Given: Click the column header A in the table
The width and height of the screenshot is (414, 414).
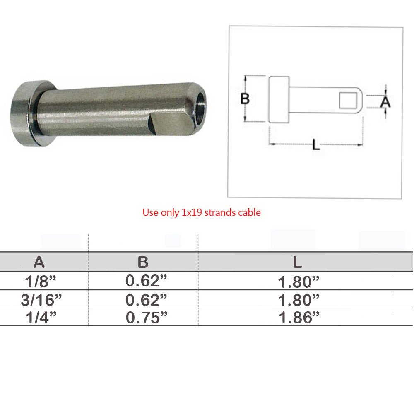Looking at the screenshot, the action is (39, 262).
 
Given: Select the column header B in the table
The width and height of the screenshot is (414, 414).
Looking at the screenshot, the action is (143, 262).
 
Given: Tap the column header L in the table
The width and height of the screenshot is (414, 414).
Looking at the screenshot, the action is (297, 262).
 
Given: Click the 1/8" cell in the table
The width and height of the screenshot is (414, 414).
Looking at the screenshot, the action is (41, 281).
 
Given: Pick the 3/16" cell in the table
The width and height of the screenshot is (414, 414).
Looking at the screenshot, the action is (41, 300).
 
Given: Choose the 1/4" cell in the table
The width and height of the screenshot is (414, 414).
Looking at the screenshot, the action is (41, 318).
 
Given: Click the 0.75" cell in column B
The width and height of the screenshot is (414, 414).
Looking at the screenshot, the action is (147, 318).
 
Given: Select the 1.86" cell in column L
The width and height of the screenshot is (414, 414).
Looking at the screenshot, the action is (298, 318).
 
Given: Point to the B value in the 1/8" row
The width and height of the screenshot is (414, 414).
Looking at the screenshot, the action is (146, 281).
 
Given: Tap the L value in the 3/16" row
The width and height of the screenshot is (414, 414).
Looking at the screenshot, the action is (298, 300).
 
